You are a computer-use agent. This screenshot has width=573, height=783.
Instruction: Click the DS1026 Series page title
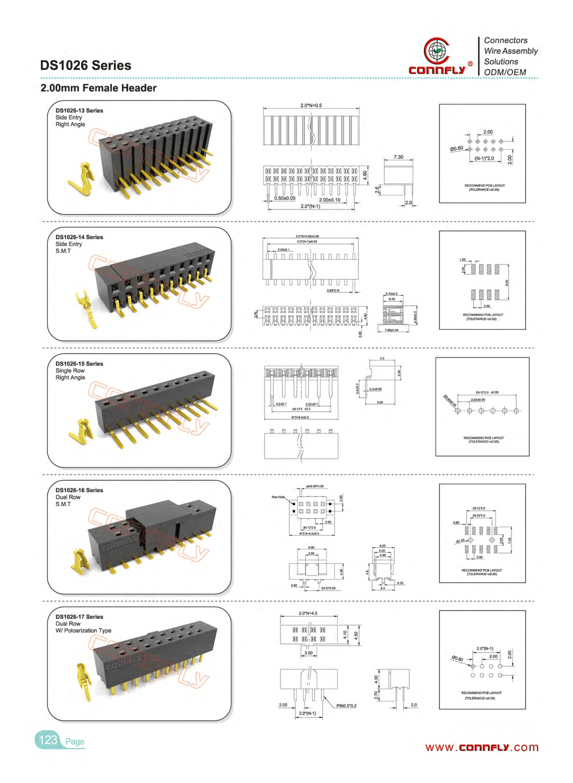[x=85, y=65]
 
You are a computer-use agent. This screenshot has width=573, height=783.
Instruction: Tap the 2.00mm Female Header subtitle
[x=98, y=88]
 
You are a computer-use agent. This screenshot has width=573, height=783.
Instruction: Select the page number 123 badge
[x=48, y=740]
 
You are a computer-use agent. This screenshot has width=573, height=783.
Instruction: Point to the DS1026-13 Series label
[x=79, y=110]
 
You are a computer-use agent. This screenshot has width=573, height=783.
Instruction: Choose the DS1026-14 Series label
[x=79, y=237]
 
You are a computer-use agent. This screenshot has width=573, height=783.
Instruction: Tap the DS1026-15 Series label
[x=79, y=363]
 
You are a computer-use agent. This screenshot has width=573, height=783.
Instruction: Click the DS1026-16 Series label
[x=79, y=490]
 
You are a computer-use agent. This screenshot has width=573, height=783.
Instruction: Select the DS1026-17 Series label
[x=79, y=616]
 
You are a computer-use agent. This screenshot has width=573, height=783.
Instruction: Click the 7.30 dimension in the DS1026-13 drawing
[x=398, y=157]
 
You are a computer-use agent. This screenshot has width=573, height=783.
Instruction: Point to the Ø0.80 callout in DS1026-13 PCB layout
[x=456, y=148]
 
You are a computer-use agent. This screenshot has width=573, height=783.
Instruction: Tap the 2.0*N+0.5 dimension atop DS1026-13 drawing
[x=311, y=106]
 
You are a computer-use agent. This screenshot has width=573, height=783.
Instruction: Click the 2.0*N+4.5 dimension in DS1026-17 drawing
[x=308, y=613]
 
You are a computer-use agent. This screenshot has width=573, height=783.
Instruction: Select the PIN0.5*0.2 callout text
[x=346, y=706]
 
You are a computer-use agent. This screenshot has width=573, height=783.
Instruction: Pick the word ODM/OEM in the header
[x=505, y=72]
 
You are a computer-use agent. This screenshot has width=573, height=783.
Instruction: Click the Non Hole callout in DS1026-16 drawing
[x=278, y=497]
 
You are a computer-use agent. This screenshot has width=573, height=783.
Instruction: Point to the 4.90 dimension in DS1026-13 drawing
[x=365, y=175]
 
